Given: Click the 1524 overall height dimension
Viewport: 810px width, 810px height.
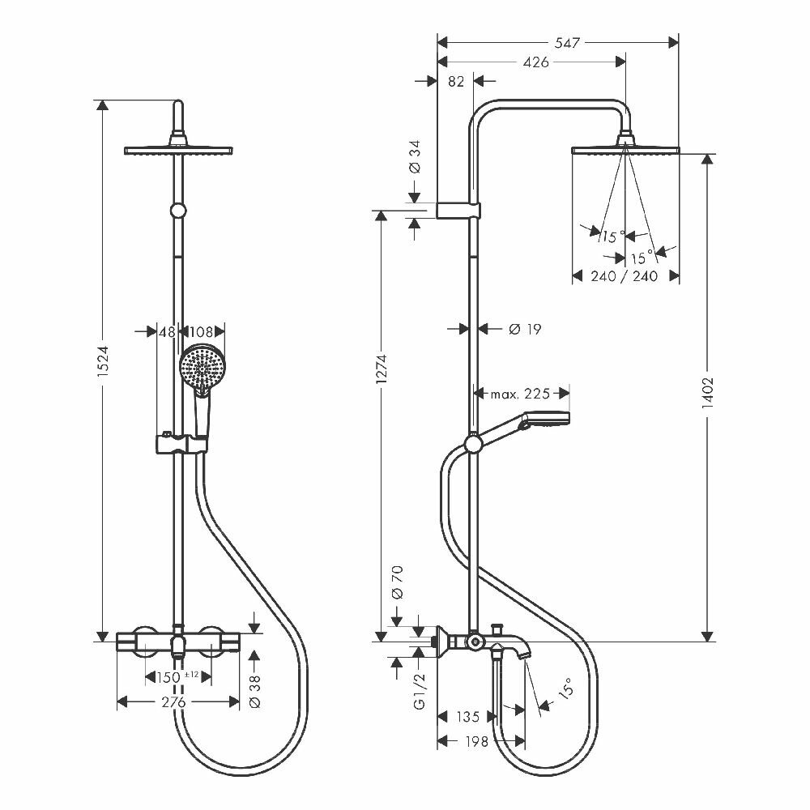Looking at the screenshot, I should point(102,370).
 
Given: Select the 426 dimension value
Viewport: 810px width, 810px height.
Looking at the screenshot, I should point(536,62).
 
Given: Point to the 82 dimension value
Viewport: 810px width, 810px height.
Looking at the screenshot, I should point(455,81).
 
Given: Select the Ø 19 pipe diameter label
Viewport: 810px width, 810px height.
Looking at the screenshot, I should point(524,329).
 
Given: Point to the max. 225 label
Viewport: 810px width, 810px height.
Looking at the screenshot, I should point(521,394).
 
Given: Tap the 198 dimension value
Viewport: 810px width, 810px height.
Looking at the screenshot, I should point(478,742).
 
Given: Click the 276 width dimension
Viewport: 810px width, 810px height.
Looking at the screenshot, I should point(174,701).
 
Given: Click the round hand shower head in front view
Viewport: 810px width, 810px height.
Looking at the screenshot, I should point(201,368).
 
